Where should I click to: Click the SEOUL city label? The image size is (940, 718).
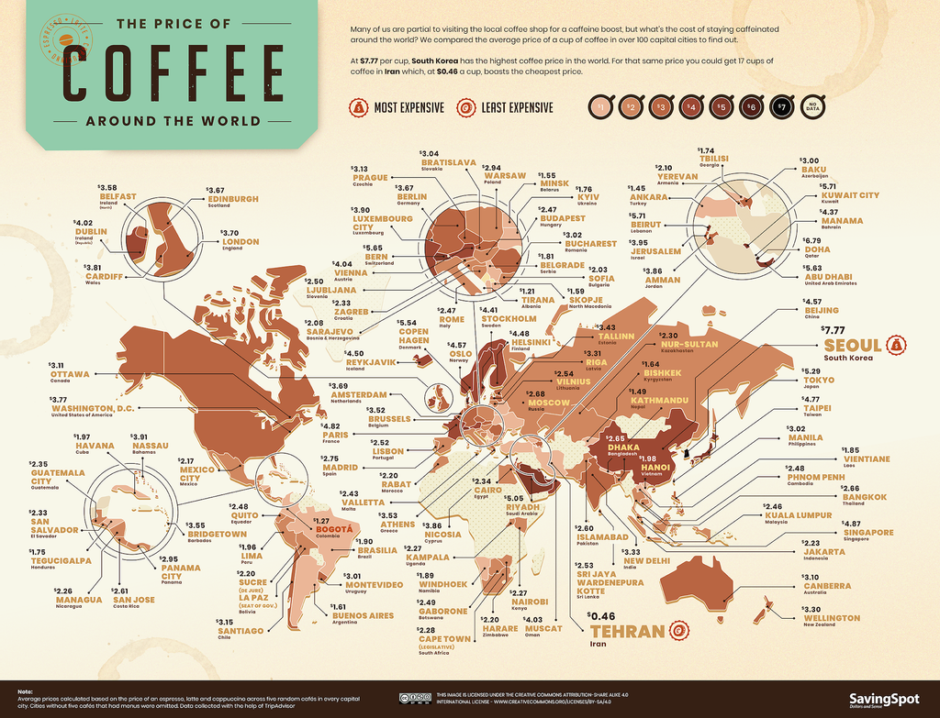click(x=854, y=346)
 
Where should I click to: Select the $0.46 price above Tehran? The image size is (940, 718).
click(x=603, y=615)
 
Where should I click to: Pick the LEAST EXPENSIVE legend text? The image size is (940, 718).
click(x=517, y=108)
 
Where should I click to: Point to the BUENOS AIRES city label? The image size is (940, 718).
click(x=364, y=618)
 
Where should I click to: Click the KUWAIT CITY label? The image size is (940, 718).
click(x=849, y=195)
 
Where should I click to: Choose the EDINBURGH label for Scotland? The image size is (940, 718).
click(x=233, y=198)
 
